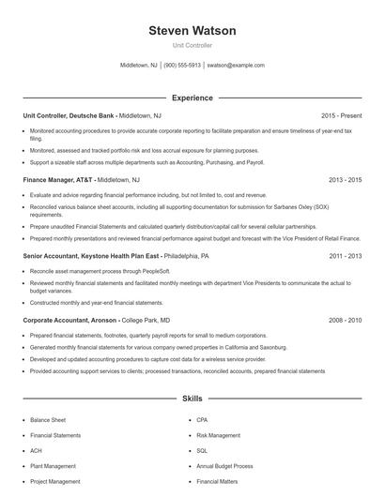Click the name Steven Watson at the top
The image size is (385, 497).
click(192, 30)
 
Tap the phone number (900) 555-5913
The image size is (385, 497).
click(182, 66)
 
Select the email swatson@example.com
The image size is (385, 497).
click(236, 66)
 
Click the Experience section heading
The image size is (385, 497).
click(192, 98)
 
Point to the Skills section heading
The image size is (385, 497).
click(192, 399)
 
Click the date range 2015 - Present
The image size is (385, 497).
click(341, 115)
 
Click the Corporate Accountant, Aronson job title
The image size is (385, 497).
click(70, 319)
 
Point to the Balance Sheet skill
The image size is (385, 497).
click(47, 420)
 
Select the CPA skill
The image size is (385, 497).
click(202, 420)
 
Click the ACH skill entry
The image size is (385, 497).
click(37, 451)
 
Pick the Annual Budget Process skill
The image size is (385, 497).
click(224, 466)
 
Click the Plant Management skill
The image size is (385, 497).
click(53, 466)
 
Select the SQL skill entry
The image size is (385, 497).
click(202, 451)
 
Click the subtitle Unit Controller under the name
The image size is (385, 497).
click(192, 45)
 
